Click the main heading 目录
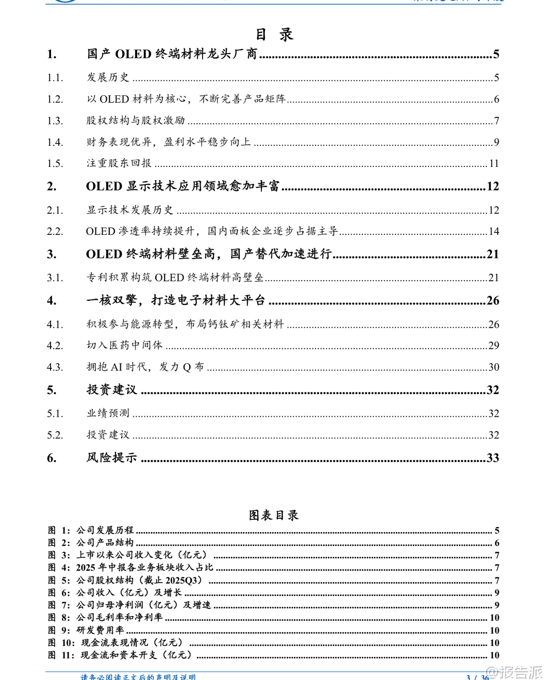274,35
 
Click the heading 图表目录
274,515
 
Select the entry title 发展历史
108,77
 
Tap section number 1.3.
55,121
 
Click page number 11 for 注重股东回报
494,163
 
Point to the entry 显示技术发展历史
130,210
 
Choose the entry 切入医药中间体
124,345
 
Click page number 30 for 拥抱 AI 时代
494,367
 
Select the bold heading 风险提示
112,457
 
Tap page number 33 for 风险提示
493,457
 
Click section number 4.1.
55,325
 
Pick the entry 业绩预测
108,413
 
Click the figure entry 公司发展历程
105,530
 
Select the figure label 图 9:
59,630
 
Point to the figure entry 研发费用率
101,630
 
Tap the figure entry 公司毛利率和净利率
120,617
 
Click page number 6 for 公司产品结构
497,543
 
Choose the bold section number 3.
52,254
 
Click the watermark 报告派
521,672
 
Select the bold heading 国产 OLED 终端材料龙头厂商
172,54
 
